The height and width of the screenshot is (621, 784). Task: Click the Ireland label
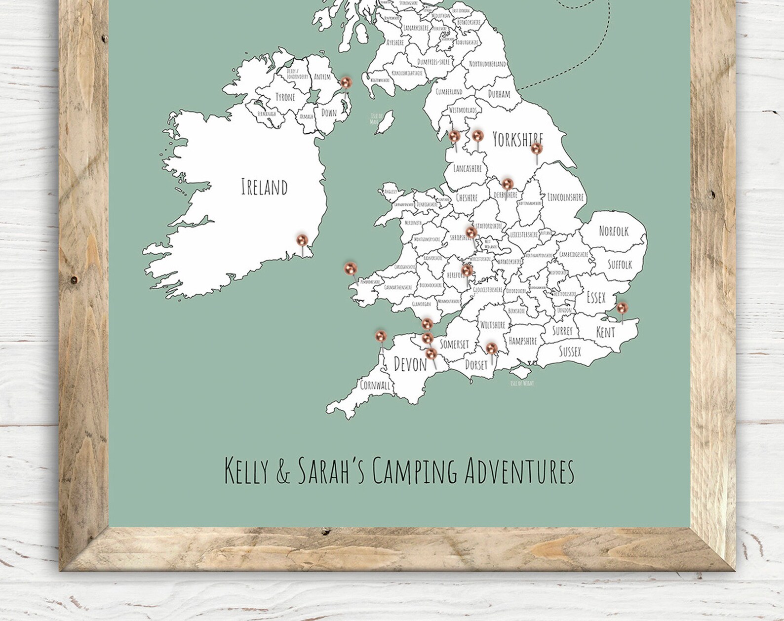click(x=264, y=187)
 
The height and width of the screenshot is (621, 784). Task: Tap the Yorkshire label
click(x=517, y=140)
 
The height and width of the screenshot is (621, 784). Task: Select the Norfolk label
click(x=614, y=231)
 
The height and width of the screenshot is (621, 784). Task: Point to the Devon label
click(x=410, y=365)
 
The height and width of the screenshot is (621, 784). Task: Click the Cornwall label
click(x=375, y=385)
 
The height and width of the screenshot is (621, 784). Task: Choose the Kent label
click(x=605, y=332)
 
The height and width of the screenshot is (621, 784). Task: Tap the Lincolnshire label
click(x=565, y=197)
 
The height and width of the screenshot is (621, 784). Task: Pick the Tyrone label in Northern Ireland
click(x=285, y=97)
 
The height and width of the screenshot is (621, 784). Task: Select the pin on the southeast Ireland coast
click(x=302, y=240)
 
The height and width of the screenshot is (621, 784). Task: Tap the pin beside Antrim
click(x=346, y=82)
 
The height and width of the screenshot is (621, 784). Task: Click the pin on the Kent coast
click(x=622, y=309)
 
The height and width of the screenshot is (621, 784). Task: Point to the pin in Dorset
click(x=491, y=349)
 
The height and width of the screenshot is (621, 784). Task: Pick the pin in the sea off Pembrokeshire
click(x=351, y=269)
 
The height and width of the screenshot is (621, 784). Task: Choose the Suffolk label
click(x=620, y=265)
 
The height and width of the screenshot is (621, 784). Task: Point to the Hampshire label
click(x=522, y=341)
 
